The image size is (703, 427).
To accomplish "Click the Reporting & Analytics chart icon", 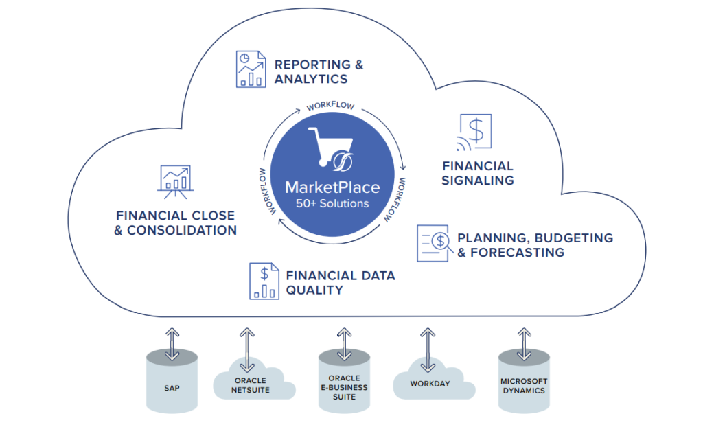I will tap(251, 69).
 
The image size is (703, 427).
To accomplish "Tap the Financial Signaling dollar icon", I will tap(475, 132).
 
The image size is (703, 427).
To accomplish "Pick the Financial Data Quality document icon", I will tap(264, 281).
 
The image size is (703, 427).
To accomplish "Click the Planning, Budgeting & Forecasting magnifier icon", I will tap(433, 243).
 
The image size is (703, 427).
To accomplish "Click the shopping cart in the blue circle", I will tap(330, 148).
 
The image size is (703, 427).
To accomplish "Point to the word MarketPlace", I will tap(332, 187).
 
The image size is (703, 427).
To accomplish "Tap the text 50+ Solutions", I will tap(332, 204).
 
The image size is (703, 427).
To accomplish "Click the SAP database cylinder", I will tap(172, 387).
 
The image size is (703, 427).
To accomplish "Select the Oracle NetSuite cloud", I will tap(251, 385).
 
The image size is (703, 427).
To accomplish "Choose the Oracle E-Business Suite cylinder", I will tap(344, 387).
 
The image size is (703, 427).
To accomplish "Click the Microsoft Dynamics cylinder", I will tap(523, 386).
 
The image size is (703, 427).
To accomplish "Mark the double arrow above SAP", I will tap(172, 344).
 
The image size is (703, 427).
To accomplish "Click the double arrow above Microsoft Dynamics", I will tap(524, 344).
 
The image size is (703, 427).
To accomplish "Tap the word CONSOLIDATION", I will tap(182, 231).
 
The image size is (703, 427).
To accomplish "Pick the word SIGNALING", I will tap(478, 181).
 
